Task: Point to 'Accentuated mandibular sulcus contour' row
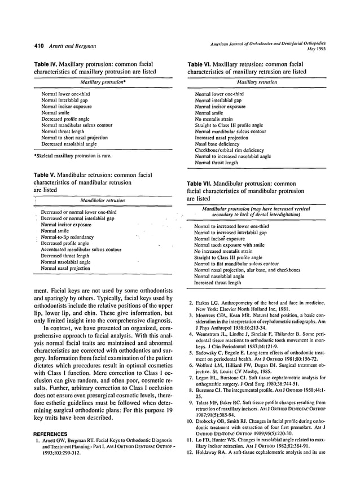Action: pyautogui.click(x=81, y=249)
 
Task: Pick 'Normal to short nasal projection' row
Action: pyautogui.click(x=76, y=137)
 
